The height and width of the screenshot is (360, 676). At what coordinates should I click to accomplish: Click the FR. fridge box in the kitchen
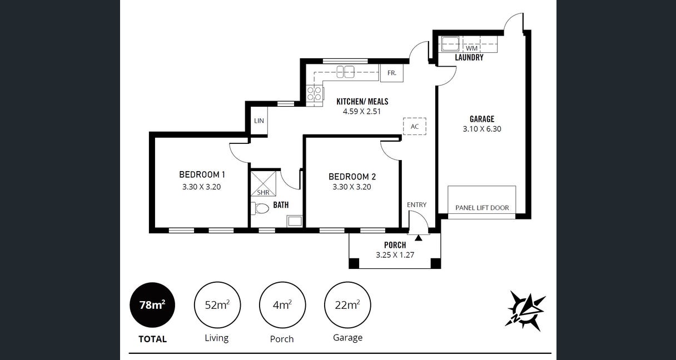[x=392, y=73]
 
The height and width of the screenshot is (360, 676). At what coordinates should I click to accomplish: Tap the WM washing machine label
[x=471, y=48]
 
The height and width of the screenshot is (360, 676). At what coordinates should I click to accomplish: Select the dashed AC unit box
[x=415, y=126]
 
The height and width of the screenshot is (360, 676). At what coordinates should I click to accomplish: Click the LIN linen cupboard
[x=259, y=121]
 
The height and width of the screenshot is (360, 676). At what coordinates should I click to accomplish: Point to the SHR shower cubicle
[x=263, y=184]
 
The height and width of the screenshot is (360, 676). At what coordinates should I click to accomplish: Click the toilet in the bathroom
[x=260, y=208]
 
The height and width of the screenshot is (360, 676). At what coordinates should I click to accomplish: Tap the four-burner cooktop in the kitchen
[x=315, y=93]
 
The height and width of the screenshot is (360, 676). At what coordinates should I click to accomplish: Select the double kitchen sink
[x=345, y=72]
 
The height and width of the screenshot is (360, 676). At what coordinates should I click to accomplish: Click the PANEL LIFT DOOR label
[x=482, y=208]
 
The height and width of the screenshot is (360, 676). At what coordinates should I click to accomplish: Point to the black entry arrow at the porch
[x=418, y=238]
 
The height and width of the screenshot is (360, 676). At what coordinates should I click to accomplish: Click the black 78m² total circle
[x=152, y=305]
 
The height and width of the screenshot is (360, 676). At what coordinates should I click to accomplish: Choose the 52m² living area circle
[x=217, y=305]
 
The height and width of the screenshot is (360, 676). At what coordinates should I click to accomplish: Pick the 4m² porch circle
[x=282, y=305]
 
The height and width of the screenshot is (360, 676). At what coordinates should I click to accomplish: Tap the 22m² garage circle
[x=347, y=305]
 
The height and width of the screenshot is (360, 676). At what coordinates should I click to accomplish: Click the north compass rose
[x=526, y=311]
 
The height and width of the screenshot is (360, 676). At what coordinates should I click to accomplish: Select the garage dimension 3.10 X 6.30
[x=482, y=129]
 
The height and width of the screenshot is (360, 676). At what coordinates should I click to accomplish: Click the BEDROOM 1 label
[x=202, y=174]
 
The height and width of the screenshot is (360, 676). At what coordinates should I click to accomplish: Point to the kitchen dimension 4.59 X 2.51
[x=362, y=112]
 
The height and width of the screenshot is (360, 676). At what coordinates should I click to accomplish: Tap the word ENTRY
[x=416, y=205]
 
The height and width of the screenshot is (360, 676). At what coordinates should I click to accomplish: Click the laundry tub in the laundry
[x=450, y=44]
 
